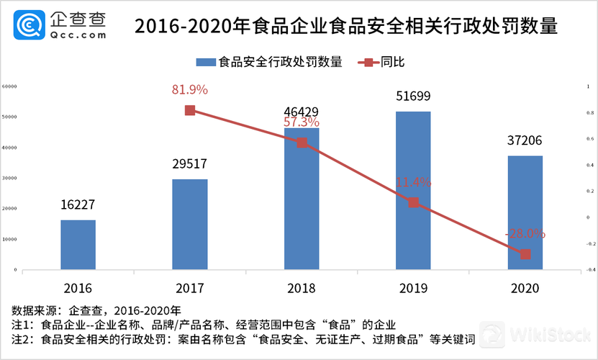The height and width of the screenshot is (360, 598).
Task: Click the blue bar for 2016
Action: click(x=78, y=245)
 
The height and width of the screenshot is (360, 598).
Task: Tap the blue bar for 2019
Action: click(x=413, y=191)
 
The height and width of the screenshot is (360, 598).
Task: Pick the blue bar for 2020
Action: click(x=525, y=212)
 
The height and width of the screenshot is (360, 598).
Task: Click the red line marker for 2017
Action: click(x=190, y=110)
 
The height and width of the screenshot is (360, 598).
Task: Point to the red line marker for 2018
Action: click(x=302, y=143)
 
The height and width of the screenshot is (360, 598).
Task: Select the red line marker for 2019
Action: click(x=413, y=202)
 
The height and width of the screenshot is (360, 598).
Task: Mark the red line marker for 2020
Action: click(x=525, y=253)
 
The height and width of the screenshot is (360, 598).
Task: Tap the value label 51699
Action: click(x=413, y=96)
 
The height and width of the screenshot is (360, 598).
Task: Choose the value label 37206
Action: click(x=525, y=141)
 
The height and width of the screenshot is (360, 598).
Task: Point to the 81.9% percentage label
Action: click(x=190, y=90)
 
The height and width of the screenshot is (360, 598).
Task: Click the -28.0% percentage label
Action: click(x=525, y=234)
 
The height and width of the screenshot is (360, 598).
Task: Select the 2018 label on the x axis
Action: click(x=302, y=288)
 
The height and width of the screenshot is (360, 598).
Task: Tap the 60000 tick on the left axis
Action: click(x=10, y=86)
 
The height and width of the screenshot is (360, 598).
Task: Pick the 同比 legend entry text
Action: click(x=392, y=62)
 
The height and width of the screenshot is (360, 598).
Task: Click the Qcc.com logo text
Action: click(x=78, y=34)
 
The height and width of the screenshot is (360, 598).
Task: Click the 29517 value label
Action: click(x=190, y=164)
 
